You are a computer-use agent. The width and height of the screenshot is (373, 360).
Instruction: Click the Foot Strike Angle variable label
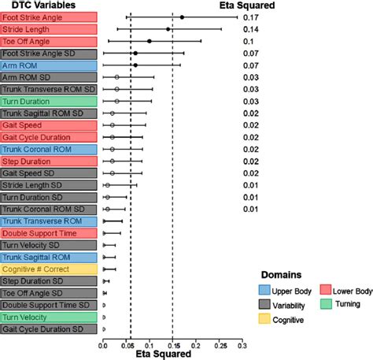point(49,17)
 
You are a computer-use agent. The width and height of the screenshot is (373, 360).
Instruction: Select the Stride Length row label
point(49,28)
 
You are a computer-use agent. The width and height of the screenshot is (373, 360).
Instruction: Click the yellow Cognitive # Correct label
point(49,269)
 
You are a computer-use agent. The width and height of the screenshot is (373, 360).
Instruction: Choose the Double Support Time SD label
point(49,305)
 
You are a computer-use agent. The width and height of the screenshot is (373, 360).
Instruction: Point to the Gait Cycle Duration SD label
point(49,328)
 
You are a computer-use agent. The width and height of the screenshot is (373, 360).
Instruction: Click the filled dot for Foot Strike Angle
point(182,17)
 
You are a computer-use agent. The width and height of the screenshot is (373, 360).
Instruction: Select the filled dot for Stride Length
point(168,28)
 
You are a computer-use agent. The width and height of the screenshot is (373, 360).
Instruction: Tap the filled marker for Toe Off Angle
point(150,41)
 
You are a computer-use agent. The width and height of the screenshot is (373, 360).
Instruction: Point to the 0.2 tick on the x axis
point(196,344)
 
